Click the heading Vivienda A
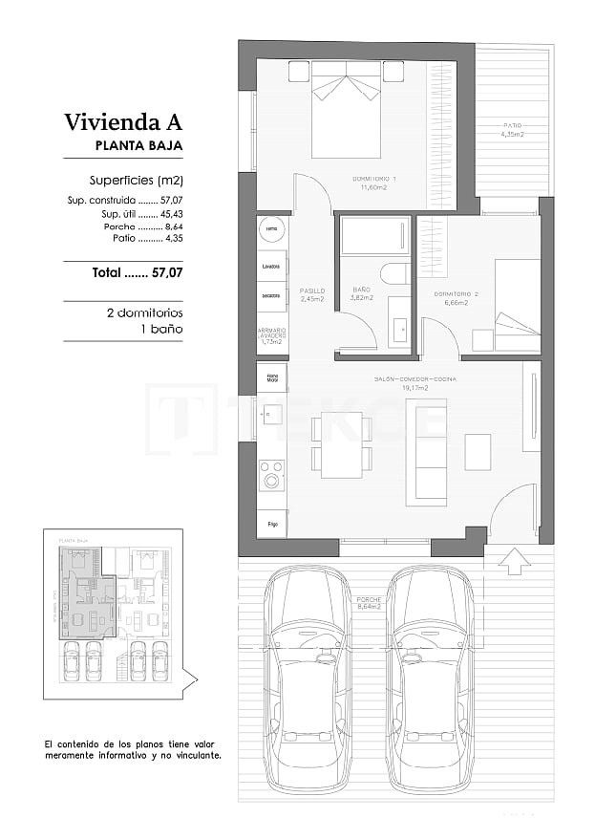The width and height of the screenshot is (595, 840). coord(122,122)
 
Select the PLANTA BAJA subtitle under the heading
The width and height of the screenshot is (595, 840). coord(138,146)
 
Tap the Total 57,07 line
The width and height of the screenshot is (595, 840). coord(137,272)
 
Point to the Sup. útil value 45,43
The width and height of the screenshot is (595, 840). coord(169,214)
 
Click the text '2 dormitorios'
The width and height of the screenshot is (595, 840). coord(144,312)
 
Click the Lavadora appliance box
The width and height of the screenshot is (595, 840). coord(271,266)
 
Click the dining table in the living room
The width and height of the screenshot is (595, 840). coord(341,444)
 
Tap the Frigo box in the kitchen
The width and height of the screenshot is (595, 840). coord(272,524)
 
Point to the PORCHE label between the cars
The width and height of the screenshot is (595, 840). coord(369,603)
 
